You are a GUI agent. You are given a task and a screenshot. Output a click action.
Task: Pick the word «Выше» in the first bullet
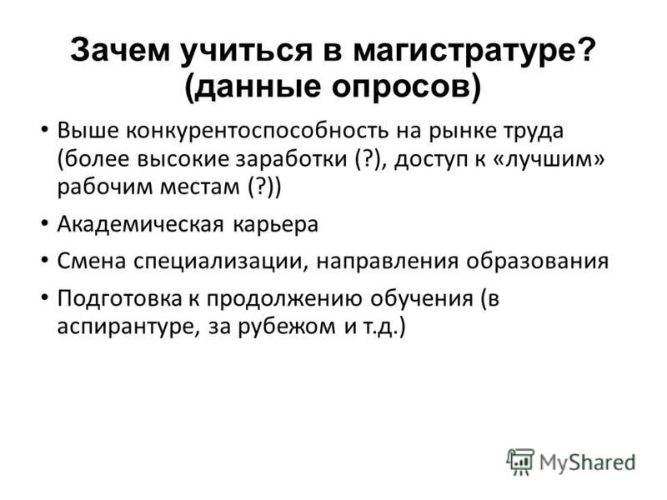tap(83, 132)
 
